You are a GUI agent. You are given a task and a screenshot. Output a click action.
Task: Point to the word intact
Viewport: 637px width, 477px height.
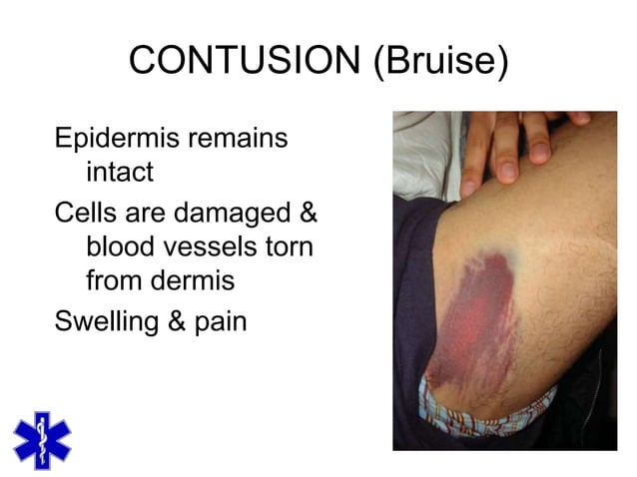pos(120,173)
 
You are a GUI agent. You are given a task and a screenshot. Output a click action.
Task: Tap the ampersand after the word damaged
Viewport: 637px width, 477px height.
pos(308,211)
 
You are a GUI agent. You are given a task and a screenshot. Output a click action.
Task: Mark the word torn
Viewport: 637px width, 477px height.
pos(292,245)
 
